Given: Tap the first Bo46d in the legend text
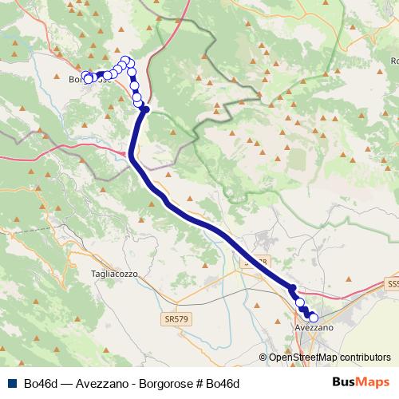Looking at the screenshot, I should tap(39, 383).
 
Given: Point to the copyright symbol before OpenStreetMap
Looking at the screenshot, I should tap(263, 358).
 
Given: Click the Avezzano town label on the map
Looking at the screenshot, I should tap(314, 328).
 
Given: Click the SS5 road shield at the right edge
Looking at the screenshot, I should tap(393, 284).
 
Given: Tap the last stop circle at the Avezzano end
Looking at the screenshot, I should tap(313, 318).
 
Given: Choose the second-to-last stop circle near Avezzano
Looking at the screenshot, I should tap(301, 303).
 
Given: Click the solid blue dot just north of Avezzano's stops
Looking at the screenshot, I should tap(293, 288).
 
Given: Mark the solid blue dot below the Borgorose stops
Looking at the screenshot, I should tap(145, 110).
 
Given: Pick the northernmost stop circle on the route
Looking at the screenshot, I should tap(124, 60).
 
